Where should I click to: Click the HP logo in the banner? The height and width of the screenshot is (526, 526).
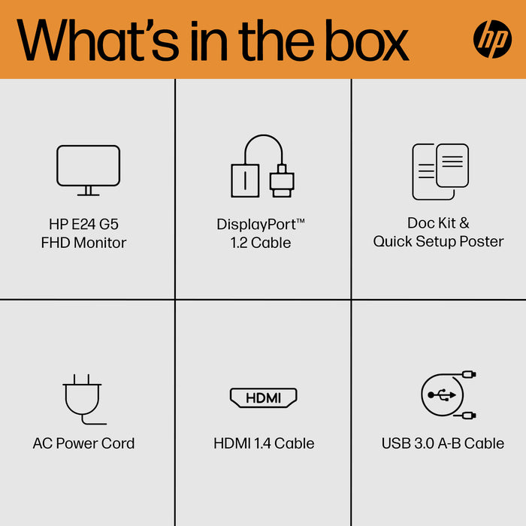pyautogui.click(x=492, y=38)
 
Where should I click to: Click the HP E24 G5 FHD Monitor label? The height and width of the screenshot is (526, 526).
pyautogui.click(x=84, y=233)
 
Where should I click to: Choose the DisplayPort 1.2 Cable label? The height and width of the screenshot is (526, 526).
pyautogui.click(x=261, y=233)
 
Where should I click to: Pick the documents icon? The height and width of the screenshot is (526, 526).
pyautogui.click(x=440, y=171)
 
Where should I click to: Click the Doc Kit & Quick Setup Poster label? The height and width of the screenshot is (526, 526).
pyautogui.click(x=439, y=232)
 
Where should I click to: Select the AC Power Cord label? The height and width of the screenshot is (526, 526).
pyautogui.click(x=83, y=443)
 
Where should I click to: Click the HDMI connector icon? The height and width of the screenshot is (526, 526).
pyautogui.click(x=263, y=398)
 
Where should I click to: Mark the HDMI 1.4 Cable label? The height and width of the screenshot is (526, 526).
pyautogui.click(x=264, y=443)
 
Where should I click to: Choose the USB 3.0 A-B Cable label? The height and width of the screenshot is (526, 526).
pyautogui.click(x=443, y=443)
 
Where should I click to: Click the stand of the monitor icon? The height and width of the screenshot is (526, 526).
pyautogui.click(x=88, y=191)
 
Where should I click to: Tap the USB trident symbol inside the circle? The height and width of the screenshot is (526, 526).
pyautogui.click(x=438, y=394)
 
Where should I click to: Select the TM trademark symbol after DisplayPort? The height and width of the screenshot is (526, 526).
pyautogui.click(x=300, y=220)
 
